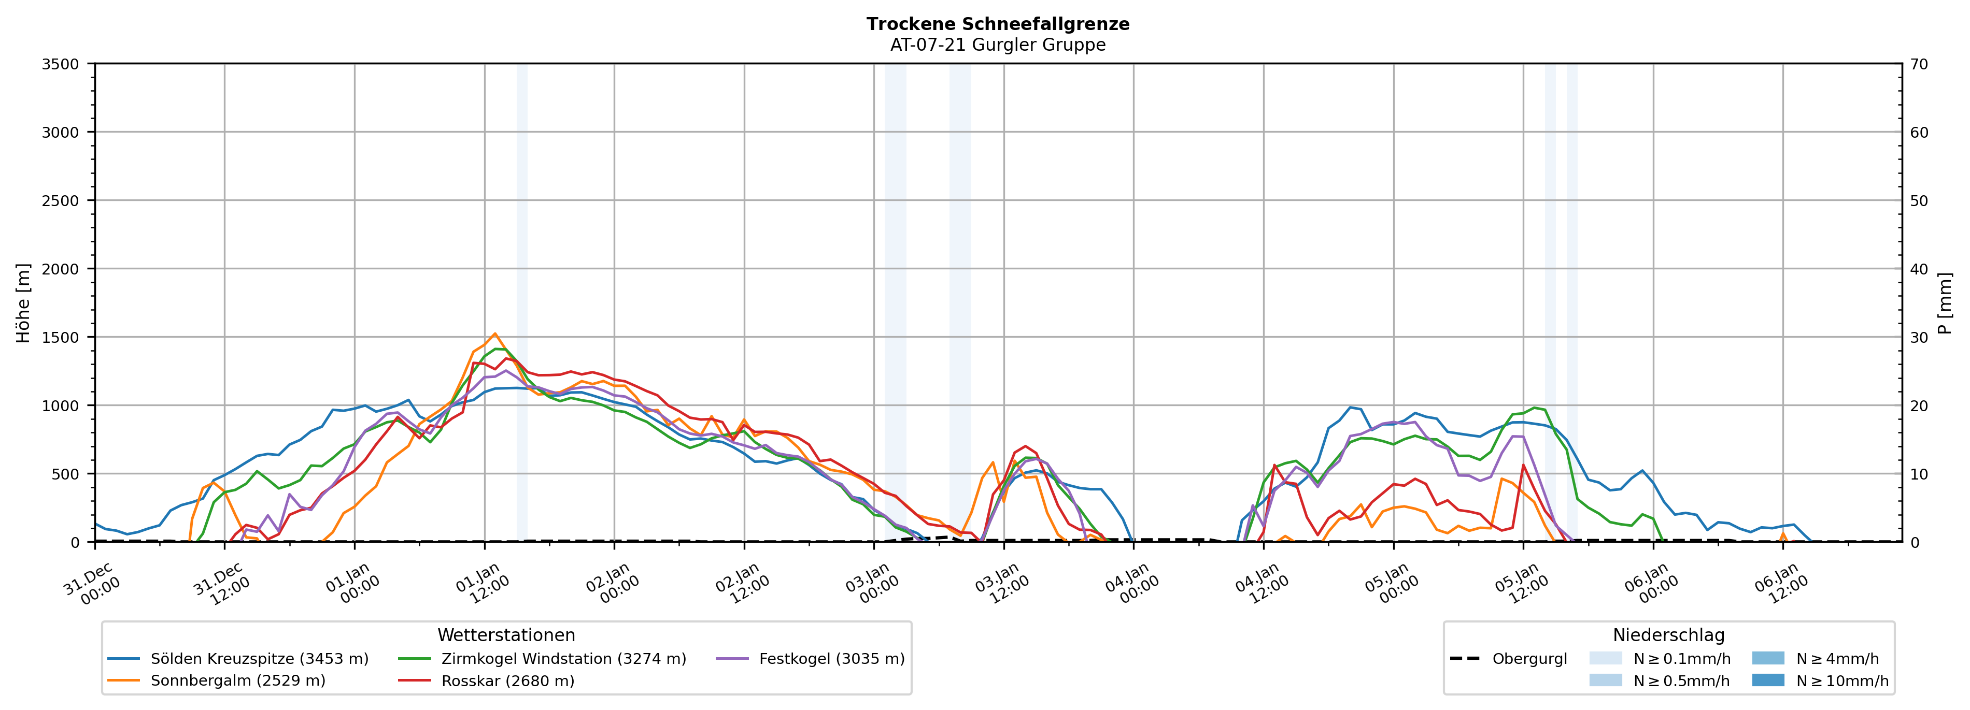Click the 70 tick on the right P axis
(1919, 64)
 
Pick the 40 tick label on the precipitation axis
(1919, 269)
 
